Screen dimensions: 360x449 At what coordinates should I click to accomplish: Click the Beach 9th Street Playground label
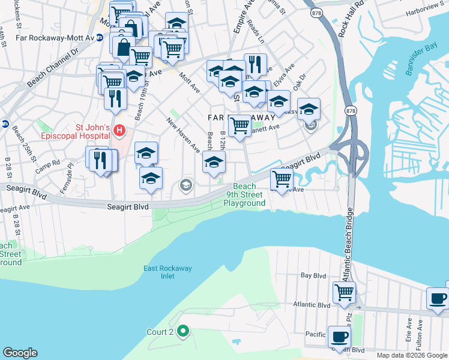coord(244,195)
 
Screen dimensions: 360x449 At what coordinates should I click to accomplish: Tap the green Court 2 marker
coord(185,331)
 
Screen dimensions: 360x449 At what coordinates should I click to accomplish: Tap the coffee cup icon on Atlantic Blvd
coord(437,298)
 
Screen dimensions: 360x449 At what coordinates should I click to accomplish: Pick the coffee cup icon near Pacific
coord(339,337)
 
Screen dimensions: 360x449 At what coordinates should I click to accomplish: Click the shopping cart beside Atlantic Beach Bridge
coord(344,292)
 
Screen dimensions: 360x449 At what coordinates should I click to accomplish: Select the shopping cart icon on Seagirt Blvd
coord(282,178)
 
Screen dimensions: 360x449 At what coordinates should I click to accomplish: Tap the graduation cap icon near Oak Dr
coord(309,109)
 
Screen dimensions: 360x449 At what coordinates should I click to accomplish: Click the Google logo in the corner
coord(20,353)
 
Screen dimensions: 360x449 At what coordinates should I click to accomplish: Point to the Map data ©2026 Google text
coord(411,355)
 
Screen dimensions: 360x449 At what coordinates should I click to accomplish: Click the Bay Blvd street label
coord(312,276)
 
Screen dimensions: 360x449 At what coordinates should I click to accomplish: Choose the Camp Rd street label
coord(47,163)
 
